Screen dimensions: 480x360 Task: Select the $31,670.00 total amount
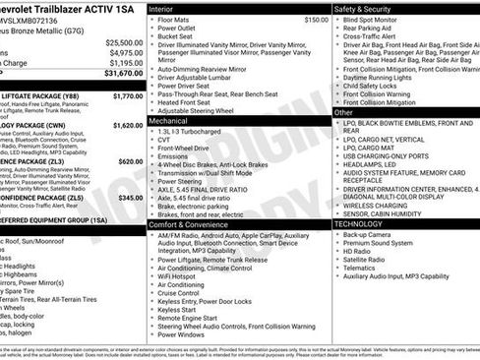[124, 73]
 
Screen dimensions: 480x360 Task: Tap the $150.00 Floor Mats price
[316, 19]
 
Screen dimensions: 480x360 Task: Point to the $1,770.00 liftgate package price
[128, 96]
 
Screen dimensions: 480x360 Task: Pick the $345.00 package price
[130, 197]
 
